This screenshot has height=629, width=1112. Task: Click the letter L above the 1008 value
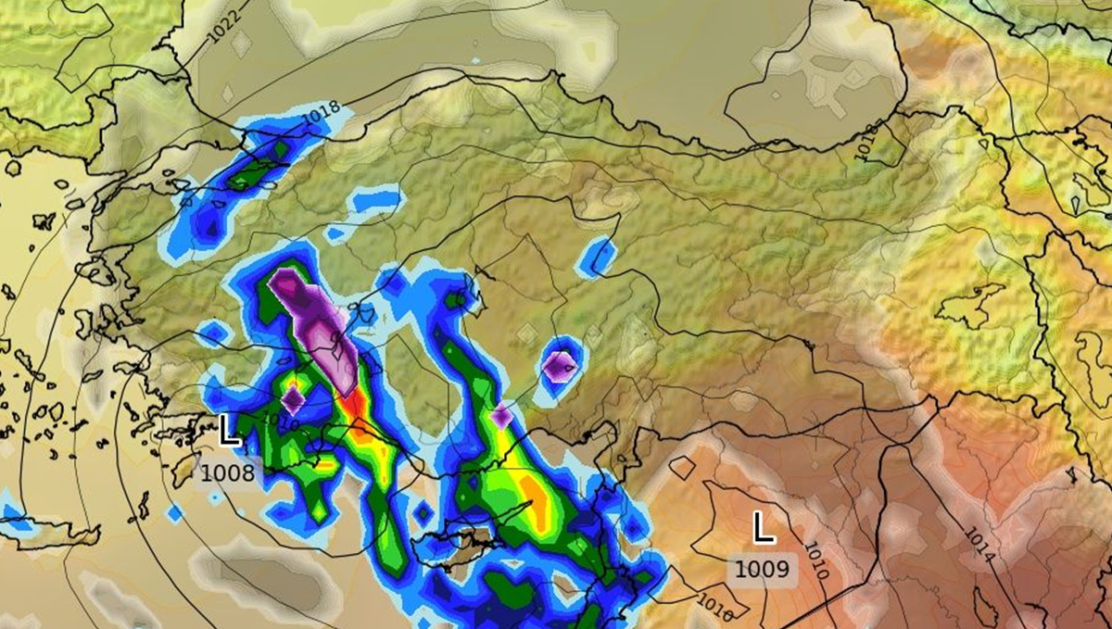pos(229,431)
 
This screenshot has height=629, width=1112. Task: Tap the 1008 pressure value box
pos(227,472)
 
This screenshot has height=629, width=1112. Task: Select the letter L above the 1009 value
pos(763,527)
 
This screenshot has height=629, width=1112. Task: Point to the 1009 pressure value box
pos(764,567)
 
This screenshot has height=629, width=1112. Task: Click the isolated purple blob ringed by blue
pos(560,367)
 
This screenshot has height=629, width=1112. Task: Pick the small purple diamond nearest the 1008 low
pos(293,400)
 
